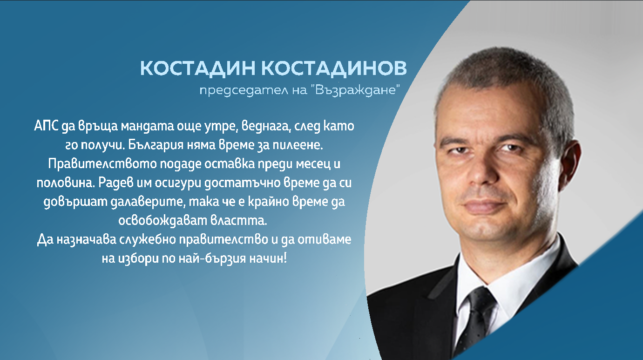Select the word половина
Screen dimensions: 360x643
pos(64,183)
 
